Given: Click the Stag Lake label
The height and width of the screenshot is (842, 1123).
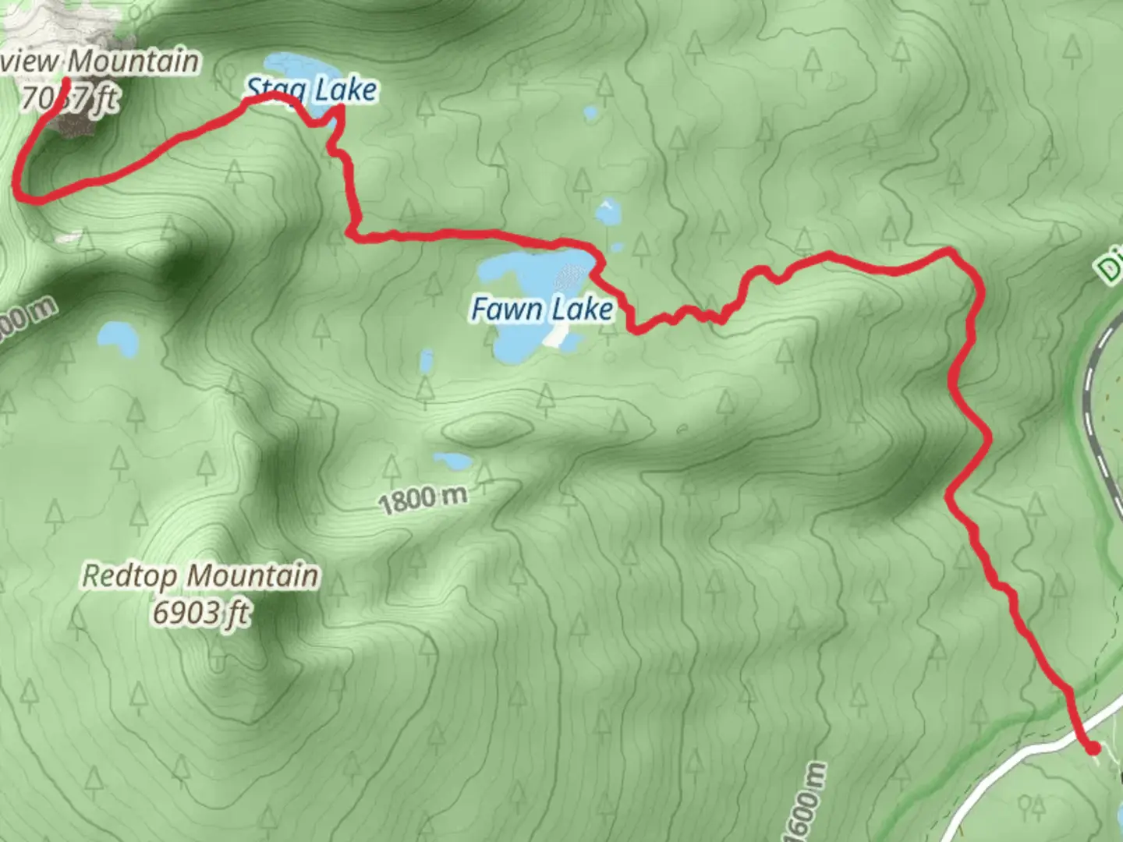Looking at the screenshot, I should (x=312, y=91).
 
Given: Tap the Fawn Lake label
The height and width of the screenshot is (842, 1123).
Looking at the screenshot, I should (x=542, y=310).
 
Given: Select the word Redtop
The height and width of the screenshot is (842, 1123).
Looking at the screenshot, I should (x=129, y=576).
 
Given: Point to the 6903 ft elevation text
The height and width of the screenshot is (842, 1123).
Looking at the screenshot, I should (x=201, y=613).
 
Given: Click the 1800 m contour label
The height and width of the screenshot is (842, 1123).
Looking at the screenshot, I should (x=423, y=499).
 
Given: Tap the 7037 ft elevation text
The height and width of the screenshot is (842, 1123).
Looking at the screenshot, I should (x=70, y=99).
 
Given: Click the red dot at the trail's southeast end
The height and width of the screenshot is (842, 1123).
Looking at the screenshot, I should (x=1093, y=748).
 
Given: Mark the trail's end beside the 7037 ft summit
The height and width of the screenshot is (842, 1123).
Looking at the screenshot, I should (x=66, y=81).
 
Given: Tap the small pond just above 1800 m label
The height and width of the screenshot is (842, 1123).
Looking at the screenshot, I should (x=452, y=461).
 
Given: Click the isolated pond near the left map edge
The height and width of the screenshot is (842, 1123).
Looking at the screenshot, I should (x=117, y=338).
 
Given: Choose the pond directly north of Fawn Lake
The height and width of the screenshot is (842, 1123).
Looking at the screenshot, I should (x=608, y=210).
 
